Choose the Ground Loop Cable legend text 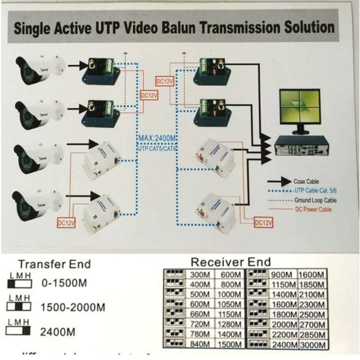click(315, 200)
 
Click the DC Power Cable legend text click(314, 209)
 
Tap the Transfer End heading click(54, 264)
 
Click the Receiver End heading click(231, 262)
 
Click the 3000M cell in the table click(313, 344)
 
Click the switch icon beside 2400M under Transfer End click(18, 332)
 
